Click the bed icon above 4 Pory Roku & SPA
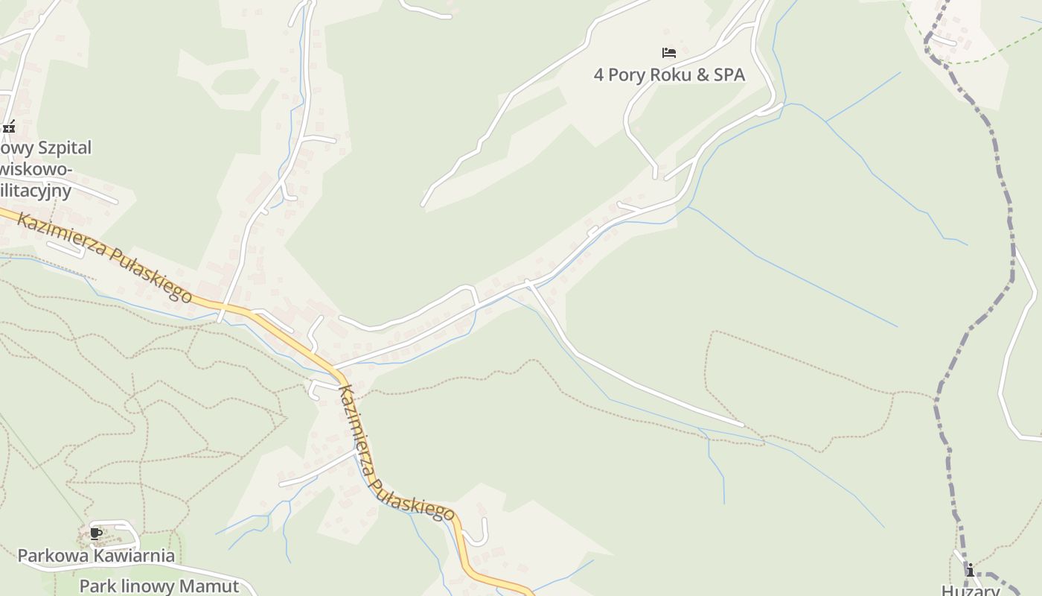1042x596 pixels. point(669,53)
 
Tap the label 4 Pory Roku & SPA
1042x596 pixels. point(669,74)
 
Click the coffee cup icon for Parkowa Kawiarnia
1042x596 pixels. point(95,533)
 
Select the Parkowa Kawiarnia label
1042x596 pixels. point(96,556)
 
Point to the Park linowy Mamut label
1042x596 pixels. point(159,586)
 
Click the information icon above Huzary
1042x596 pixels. point(971,571)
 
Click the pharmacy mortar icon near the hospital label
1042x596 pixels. point(9,127)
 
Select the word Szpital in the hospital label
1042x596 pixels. point(61,148)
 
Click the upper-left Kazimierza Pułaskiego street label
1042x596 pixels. point(104,257)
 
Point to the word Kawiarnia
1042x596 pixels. point(138,556)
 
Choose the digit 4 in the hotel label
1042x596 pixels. point(598,74)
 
